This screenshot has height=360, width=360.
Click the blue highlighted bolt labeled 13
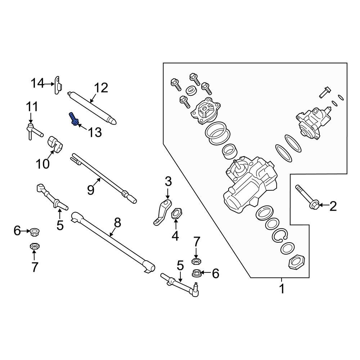73,119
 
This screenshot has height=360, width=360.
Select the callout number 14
36,84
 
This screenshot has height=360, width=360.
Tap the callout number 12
101,87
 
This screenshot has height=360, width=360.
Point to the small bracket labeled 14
58,85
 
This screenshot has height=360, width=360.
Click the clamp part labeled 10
55,143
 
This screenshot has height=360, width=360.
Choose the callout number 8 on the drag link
117,223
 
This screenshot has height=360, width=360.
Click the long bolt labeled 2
306,198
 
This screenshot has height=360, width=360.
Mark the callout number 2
333,206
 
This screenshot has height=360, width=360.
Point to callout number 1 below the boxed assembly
282,288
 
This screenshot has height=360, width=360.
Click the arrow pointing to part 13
82,127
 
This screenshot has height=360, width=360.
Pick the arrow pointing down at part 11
31,118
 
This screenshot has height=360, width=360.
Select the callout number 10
42,164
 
